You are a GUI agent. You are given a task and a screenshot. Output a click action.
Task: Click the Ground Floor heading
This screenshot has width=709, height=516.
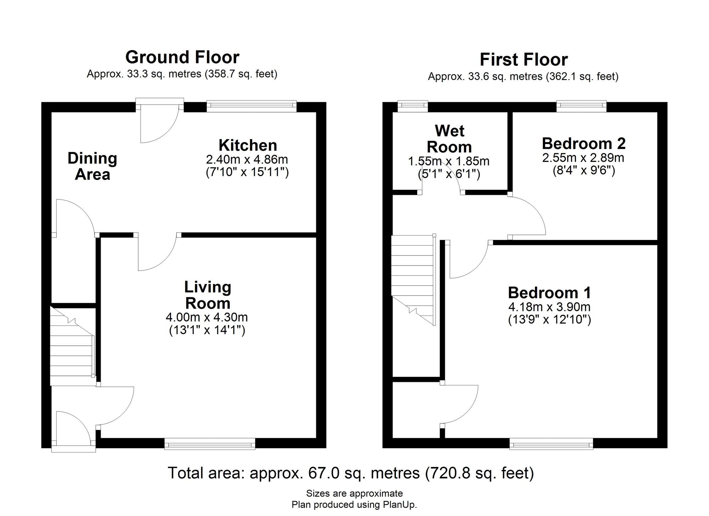click(182, 57)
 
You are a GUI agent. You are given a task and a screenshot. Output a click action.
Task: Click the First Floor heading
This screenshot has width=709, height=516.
click(524, 60)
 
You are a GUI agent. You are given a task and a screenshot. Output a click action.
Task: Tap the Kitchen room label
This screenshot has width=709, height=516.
click(248, 145)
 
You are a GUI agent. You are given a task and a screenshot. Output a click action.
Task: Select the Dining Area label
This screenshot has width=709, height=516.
click(92, 166)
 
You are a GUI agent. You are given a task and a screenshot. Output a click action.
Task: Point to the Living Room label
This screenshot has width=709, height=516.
click(208, 295)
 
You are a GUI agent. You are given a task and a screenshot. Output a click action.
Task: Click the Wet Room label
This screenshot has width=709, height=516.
click(449, 139)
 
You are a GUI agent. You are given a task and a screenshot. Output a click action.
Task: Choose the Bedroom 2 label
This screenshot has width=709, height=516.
click(584, 143)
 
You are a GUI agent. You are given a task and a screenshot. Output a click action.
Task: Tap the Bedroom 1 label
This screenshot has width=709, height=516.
click(549, 293)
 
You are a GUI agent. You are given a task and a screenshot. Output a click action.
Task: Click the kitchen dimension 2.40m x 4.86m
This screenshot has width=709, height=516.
click(247, 159)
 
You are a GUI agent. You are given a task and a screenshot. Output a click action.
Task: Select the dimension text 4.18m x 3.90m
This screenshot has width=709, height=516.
click(549, 307)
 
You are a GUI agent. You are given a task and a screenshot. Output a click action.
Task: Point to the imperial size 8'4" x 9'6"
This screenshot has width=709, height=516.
click(584, 171)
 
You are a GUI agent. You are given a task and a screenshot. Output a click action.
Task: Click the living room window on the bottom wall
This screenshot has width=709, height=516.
click(210, 444)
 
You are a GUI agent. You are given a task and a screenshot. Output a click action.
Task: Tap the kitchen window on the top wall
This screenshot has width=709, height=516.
click(251, 106)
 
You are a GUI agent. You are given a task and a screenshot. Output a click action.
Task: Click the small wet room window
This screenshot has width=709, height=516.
click(413, 106)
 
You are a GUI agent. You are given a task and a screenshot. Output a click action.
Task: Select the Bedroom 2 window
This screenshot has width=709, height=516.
click(581, 106)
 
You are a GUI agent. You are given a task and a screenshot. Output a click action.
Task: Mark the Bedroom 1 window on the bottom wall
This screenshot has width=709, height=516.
click(551, 444)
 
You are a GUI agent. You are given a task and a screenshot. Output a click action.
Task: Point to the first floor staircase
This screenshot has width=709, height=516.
click(413, 280)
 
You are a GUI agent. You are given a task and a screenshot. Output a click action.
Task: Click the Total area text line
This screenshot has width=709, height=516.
click(351, 473)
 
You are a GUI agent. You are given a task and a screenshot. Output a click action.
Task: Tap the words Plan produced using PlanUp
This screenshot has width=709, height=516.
click(354, 505)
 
